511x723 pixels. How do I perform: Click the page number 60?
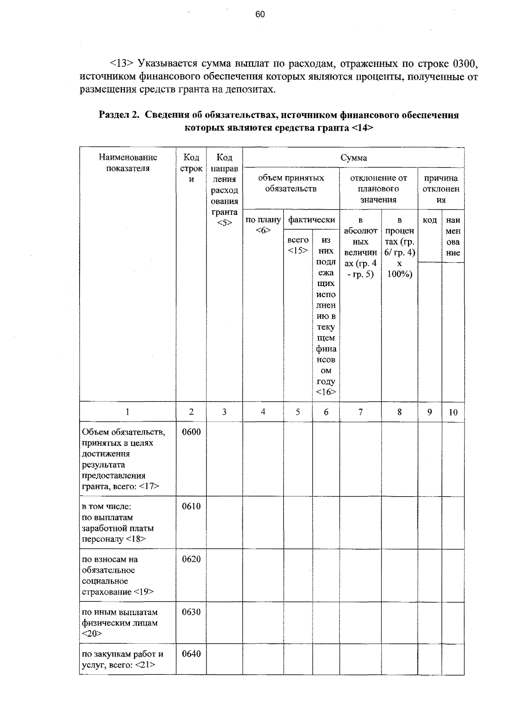(x=260, y=14)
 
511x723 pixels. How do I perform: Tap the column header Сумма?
(x=353, y=158)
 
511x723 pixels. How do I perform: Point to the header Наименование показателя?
(x=128, y=163)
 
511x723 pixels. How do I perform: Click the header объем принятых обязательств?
(x=291, y=183)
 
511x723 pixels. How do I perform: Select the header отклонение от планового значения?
(x=378, y=188)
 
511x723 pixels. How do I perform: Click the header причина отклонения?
(x=441, y=189)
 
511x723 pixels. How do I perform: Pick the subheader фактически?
(x=311, y=220)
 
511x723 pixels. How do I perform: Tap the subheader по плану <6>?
(x=263, y=225)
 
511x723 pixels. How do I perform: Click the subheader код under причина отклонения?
(x=429, y=220)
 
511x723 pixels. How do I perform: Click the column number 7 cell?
(x=361, y=412)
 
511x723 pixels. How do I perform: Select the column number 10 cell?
(x=453, y=412)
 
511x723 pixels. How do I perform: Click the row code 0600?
(x=191, y=432)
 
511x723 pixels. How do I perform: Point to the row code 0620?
(x=191, y=559)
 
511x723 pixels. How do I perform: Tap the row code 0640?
(x=191, y=654)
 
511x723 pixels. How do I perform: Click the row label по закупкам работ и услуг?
(x=122, y=659)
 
